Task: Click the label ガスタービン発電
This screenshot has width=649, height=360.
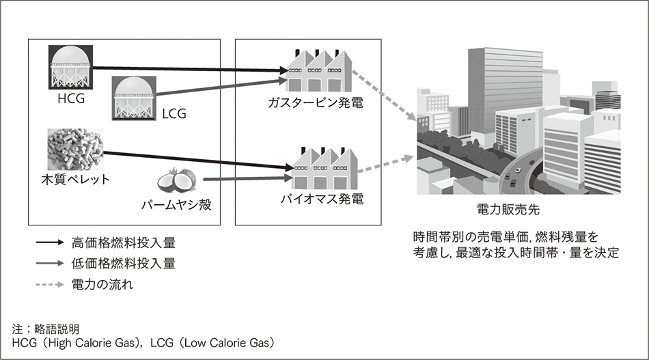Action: pos(316,104)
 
